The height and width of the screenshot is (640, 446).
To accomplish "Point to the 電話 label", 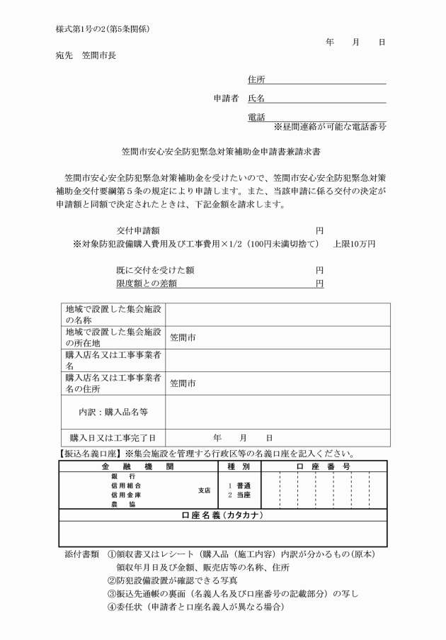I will point(256,117).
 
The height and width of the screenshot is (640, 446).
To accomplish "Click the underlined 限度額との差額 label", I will point(146,283).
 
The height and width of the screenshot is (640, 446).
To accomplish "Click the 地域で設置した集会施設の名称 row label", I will point(113,314).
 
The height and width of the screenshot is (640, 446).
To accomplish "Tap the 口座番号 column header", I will point(324,466).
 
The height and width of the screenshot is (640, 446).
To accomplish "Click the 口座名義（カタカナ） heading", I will point(222,515).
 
